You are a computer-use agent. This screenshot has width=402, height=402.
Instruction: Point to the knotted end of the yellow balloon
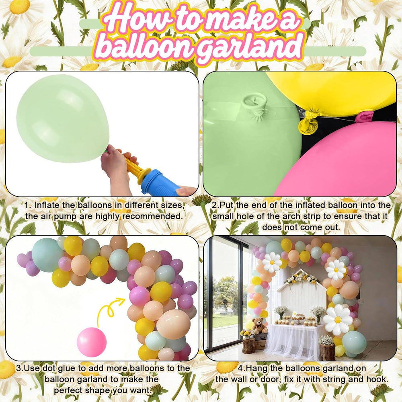click(306, 122)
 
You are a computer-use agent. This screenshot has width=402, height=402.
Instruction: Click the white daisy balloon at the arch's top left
click(272, 262)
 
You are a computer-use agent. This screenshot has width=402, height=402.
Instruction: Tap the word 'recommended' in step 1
click(152, 216)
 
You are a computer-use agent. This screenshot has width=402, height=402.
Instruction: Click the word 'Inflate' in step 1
click(47, 205)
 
